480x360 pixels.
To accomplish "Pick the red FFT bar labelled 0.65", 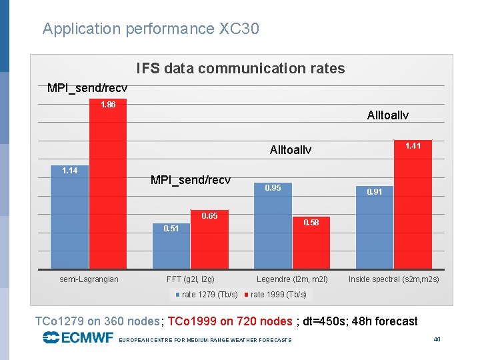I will click(x=209, y=240).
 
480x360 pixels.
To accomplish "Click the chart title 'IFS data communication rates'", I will click(x=241, y=69).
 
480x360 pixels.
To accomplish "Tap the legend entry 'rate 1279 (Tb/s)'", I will click(x=207, y=295).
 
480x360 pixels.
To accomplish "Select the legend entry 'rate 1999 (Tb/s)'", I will click(x=276, y=295).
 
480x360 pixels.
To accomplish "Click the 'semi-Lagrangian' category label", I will click(x=89, y=279).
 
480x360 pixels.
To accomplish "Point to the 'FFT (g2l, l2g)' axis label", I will click(x=191, y=279).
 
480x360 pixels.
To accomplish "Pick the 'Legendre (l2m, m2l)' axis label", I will click(x=292, y=279).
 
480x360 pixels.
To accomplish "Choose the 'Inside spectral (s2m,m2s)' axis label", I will click(x=393, y=279).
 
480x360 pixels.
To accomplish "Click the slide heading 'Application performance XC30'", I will click(x=151, y=29).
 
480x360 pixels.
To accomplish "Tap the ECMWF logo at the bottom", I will click(x=77, y=338).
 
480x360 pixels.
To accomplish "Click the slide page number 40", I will click(x=437, y=339).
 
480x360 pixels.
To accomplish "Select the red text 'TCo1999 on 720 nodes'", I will click(x=230, y=321).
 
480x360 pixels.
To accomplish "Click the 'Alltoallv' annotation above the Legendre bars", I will click(x=290, y=150).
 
